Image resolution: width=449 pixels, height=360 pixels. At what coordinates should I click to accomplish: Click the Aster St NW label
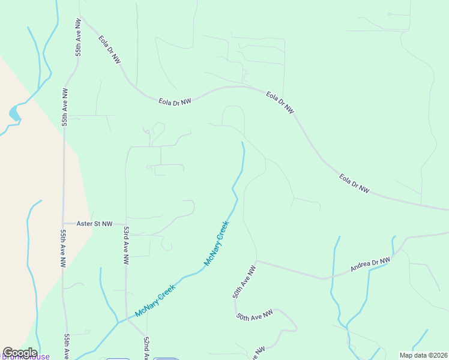pyautogui.click(x=95, y=224)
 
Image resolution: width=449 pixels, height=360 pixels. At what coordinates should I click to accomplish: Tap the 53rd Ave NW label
pyautogui.click(x=126, y=245)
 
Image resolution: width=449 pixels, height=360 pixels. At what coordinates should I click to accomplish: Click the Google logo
pyautogui.click(x=20, y=353)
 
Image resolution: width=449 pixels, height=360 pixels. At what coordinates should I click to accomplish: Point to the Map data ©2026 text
pyautogui.click(x=423, y=355)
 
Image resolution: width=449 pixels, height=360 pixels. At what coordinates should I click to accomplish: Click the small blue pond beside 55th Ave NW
pyautogui.click(x=13, y=112)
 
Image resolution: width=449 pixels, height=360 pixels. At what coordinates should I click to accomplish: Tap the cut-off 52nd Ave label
pyautogui.click(x=146, y=348)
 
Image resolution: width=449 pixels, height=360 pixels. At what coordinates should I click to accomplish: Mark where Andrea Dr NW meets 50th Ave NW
pyautogui.click(x=256, y=262)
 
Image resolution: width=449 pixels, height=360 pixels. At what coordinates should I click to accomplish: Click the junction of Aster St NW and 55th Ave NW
pyautogui.click(x=64, y=224)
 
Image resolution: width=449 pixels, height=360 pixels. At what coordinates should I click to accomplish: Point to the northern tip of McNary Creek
pyautogui.click(x=242, y=143)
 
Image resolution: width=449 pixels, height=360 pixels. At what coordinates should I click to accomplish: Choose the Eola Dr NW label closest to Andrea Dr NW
pyautogui.click(x=354, y=183)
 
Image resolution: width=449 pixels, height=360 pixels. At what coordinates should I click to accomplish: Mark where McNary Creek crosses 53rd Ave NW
pyautogui.click(x=126, y=319)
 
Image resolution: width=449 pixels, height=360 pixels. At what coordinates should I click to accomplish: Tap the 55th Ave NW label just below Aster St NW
pyautogui.click(x=62, y=247)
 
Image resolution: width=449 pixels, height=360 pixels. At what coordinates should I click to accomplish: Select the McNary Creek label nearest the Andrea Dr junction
pyautogui.click(x=217, y=243)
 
